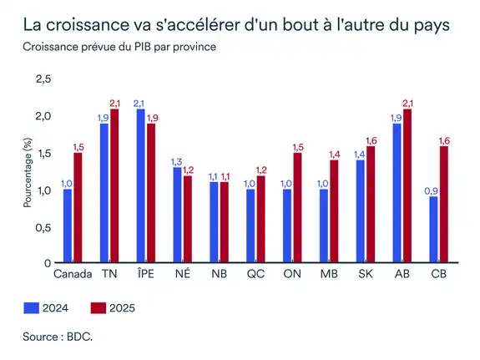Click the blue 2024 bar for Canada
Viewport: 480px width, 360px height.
(x=68, y=226)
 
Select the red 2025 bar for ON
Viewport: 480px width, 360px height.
(x=298, y=207)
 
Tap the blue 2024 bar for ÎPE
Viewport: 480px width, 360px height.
(x=140, y=185)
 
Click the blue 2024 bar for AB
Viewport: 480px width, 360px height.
(x=396, y=193)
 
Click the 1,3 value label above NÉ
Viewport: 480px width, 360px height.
(x=176, y=161)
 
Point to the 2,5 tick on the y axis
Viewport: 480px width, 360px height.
(x=42, y=79)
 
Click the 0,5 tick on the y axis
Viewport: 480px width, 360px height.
(x=42, y=226)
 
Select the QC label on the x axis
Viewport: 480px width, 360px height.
(x=255, y=274)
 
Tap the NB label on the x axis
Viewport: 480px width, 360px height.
(x=219, y=274)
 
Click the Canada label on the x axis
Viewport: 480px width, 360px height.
(x=73, y=274)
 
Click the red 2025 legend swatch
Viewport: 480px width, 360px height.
(x=98, y=308)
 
